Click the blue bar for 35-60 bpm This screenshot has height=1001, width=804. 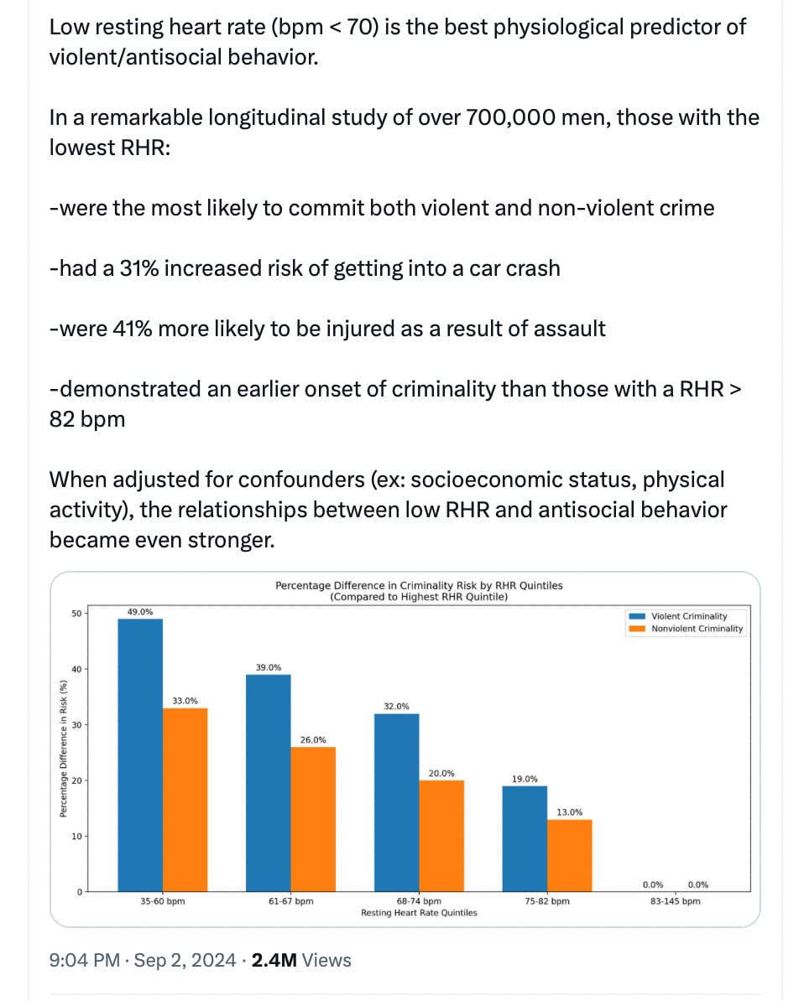[x=140, y=755]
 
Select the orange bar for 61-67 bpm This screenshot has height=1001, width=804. [x=313, y=819]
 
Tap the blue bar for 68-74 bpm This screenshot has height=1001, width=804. [x=396, y=802]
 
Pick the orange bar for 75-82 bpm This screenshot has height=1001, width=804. [x=570, y=855]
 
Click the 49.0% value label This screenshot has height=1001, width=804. [x=140, y=611]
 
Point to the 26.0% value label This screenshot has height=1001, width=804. [x=313, y=740]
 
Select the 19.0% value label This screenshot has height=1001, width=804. [x=525, y=779]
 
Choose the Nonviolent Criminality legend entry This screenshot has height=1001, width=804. [x=686, y=629]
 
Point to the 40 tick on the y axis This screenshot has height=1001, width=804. [x=76, y=669]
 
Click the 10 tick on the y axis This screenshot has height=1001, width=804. [x=76, y=837]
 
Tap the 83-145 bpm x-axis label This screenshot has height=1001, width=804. [x=675, y=901]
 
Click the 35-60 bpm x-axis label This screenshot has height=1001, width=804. [x=162, y=901]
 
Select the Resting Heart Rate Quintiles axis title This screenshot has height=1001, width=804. [x=419, y=913]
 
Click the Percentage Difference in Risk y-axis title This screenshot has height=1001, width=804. [x=63, y=749]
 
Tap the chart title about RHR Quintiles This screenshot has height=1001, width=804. [x=419, y=591]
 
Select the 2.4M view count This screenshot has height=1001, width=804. [x=274, y=960]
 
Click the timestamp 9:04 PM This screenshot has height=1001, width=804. [x=85, y=960]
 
